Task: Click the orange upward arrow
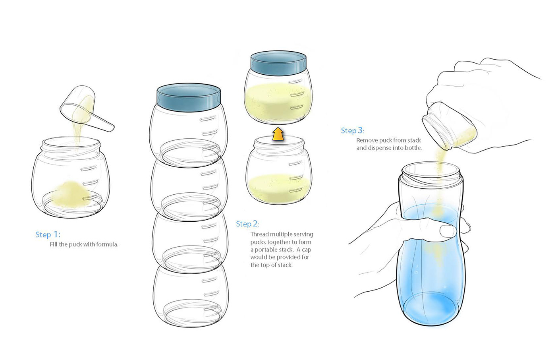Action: [278, 134]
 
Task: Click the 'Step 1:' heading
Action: [48, 234]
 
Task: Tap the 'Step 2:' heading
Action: [247, 224]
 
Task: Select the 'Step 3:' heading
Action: [352, 130]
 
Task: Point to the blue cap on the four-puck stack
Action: [189, 97]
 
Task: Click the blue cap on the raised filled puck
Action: [278, 63]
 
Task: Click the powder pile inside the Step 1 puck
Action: [71, 194]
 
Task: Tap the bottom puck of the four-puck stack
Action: [191, 297]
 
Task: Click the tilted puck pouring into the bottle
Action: [449, 126]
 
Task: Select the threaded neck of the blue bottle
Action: [431, 172]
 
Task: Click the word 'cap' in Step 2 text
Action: [307, 250]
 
